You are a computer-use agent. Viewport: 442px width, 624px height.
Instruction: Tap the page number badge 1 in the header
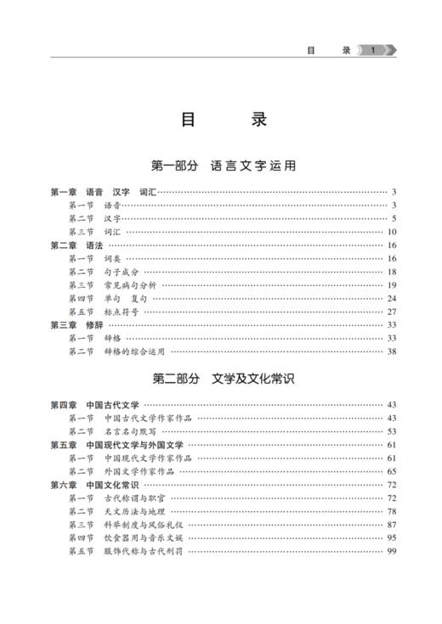point(371,50)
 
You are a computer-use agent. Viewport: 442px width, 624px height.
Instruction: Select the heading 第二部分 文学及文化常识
point(223,376)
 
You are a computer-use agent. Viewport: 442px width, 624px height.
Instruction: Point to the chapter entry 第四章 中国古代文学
point(94,405)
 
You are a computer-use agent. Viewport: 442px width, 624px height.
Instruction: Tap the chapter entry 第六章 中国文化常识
point(94,484)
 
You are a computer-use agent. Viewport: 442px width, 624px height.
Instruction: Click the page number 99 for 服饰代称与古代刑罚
point(392,551)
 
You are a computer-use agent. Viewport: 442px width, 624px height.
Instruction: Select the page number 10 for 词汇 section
point(392,232)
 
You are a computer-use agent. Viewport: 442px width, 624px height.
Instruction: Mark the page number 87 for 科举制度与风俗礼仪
point(392,524)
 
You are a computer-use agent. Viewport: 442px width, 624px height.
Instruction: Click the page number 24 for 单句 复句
point(392,298)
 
